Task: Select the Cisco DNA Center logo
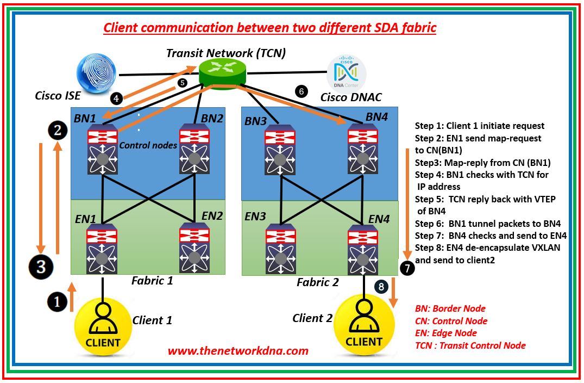[x=346, y=73]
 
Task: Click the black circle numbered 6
[x=302, y=91]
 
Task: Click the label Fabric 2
[x=317, y=282]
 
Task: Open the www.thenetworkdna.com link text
[x=238, y=351]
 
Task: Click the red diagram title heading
[x=269, y=28]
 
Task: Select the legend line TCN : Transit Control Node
[x=470, y=345]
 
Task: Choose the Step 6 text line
[x=487, y=223]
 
